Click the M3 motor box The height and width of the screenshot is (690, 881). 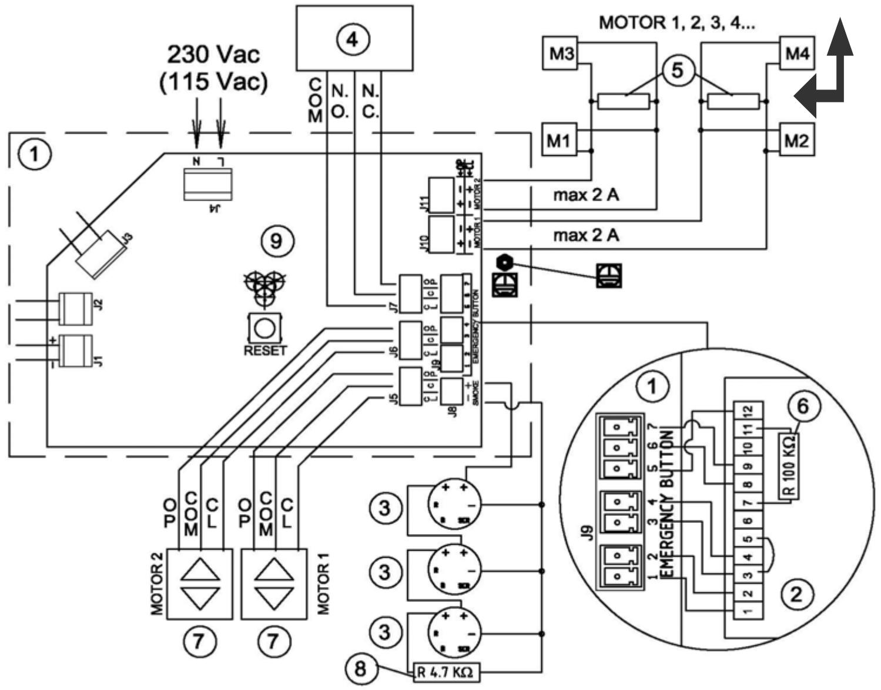click(x=561, y=54)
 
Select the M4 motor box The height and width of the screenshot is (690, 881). click(x=797, y=54)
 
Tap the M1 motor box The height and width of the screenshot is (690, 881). click(x=558, y=141)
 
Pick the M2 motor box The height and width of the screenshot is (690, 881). click(x=797, y=141)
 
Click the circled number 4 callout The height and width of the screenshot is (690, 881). click(x=352, y=39)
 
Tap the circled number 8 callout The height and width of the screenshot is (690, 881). click(x=361, y=668)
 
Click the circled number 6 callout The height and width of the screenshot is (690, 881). click(x=803, y=406)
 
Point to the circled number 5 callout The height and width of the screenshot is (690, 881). click(x=678, y=70)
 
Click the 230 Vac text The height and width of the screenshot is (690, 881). click(x=213, y=55)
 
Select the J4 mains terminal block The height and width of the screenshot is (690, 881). click(x=208, y=185)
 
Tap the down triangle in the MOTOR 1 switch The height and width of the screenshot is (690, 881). click(x=274, y=599)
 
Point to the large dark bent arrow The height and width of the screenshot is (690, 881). click(x=829, y=76)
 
